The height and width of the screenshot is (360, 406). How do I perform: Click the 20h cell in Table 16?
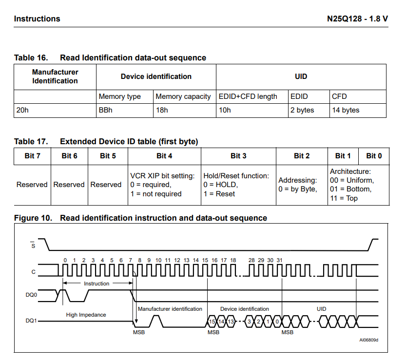click(x=22, y=111)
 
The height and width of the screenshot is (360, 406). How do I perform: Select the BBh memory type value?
click(x=106, y=111)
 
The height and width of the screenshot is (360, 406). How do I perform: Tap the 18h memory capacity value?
click(x=162, y=111)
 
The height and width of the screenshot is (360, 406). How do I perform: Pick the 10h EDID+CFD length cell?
click(x=225, y=111)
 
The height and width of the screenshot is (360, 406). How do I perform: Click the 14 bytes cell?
click(x=346, y=111)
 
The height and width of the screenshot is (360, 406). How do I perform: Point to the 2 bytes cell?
click(x=302, y=111)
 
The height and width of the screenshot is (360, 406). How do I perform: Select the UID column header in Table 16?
click(x=301, y=76)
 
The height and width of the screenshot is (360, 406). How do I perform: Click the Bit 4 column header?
click(x=164, y=156)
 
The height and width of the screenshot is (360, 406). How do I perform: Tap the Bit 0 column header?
click(x=374, y=156)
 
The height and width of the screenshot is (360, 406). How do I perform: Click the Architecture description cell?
click(x=351, y=185)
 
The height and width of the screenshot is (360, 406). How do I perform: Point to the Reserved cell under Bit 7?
click(x=32, y=185)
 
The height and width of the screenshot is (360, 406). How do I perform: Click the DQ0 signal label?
click(x=32, y=295)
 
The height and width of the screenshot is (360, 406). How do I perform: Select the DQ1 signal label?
click(x=32, y=322)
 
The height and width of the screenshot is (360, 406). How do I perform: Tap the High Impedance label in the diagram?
click(x=86, y=315)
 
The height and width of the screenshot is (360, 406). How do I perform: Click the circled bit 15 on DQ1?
click(x=212, y=322)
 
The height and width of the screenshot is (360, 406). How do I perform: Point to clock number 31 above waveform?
click(x=280, y=261)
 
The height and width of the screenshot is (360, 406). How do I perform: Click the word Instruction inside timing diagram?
click(x=97, y=284)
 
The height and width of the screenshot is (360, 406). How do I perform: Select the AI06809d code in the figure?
click(x=369, y=340)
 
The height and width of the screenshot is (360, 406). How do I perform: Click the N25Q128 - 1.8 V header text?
click(x=357, y=19)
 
